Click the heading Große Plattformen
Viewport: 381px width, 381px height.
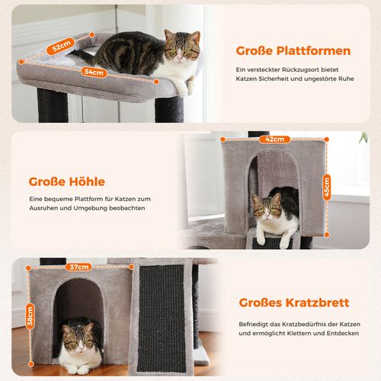[x=293, y=52]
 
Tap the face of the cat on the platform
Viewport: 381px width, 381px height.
[x=182, y=50]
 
